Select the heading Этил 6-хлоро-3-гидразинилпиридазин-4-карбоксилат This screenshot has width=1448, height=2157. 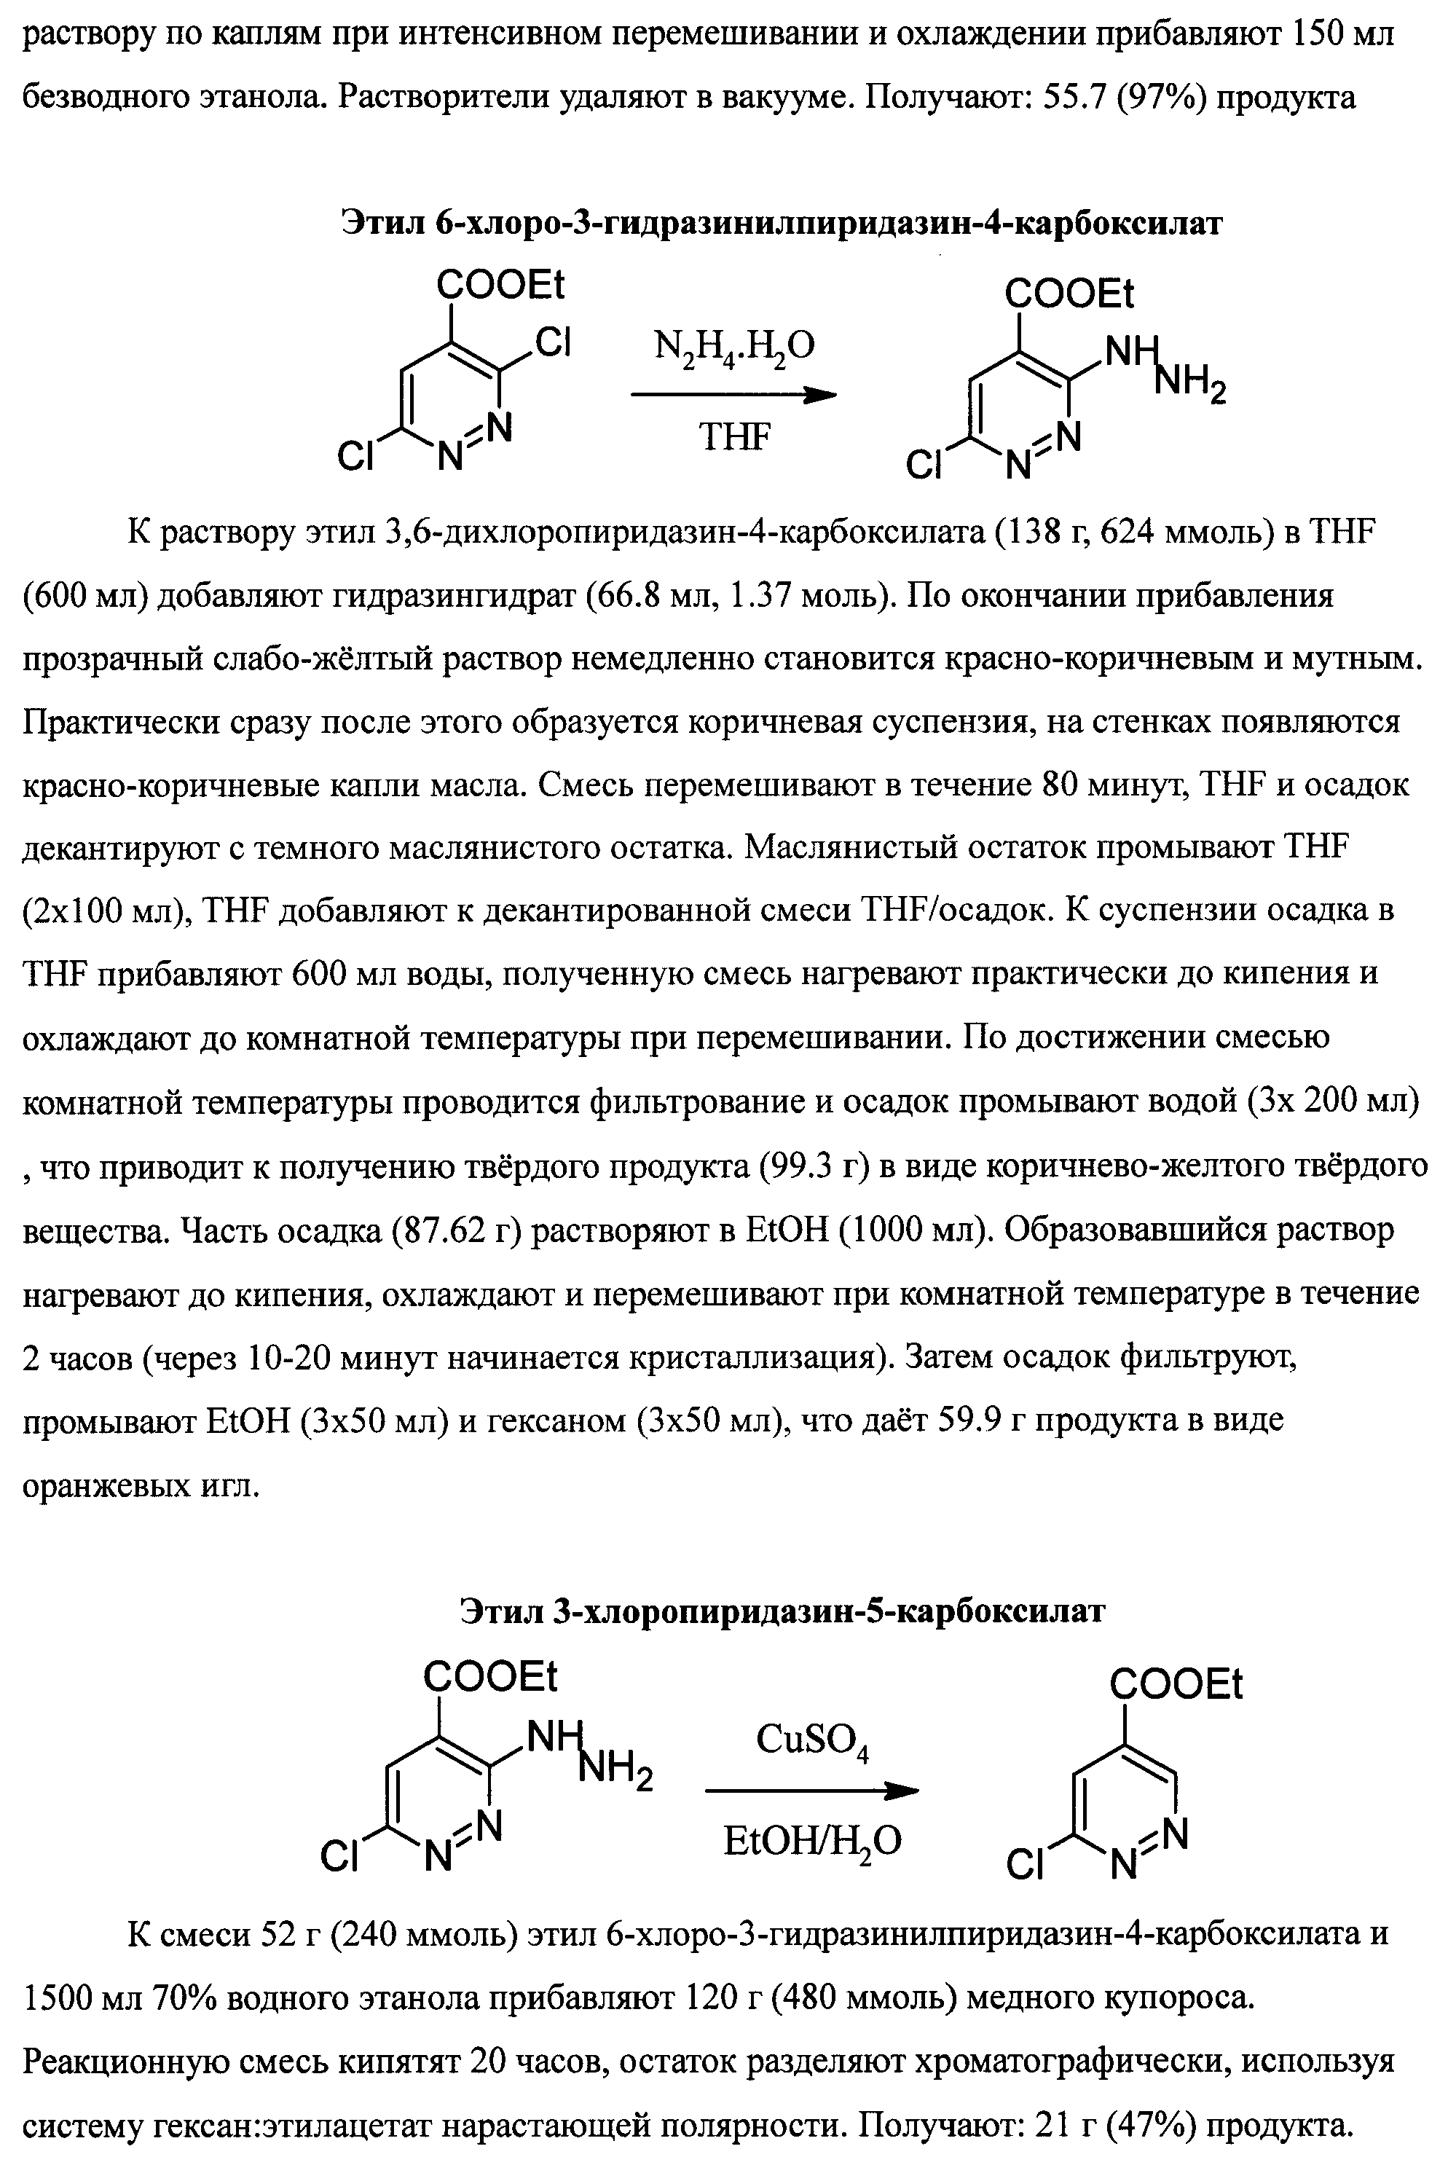coord(782,224)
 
